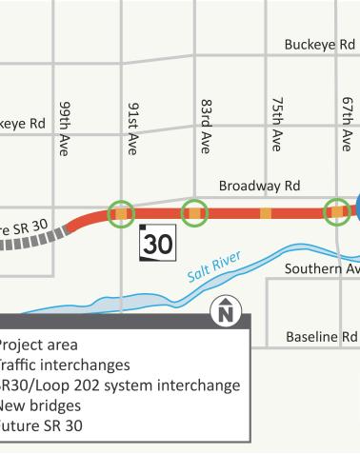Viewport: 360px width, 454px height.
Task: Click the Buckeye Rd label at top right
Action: pyautogui.click(x=318, y=45)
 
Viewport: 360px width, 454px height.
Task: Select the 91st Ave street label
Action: pyautogui.click(x=133, y=128)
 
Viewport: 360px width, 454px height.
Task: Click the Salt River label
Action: pyautogui.click(x=213, y=267)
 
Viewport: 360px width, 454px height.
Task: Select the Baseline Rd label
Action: pyautogui.click(x=321, y=337)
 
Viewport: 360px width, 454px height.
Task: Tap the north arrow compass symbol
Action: pyautogui.click(x=226, y=310)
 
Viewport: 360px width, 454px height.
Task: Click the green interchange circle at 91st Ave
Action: pyautogui.click(x=121, y=213)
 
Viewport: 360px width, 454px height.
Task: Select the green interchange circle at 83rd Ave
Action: pyautogui.click(x=194, y=213)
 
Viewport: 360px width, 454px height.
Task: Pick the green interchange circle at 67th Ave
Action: pyautogui.click(x=336, y=212)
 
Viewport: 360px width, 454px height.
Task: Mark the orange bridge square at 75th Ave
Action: pyautogui.click(x=266, y=212)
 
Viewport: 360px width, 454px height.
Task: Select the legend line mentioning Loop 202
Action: pyautogui.click(x=119, y=385)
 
